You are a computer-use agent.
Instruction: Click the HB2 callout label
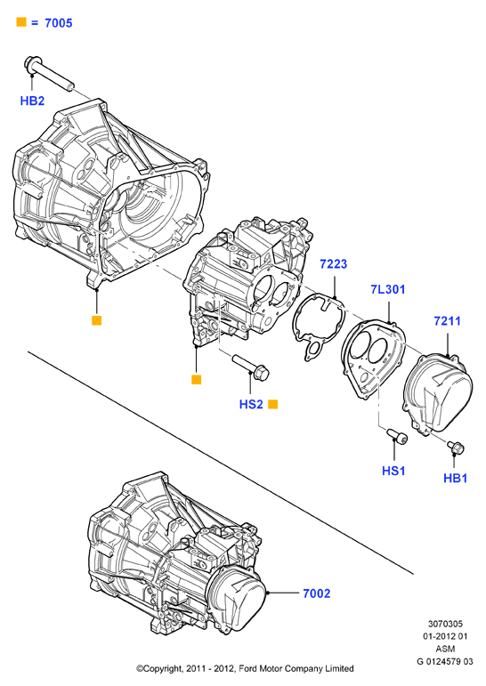click(32, 101)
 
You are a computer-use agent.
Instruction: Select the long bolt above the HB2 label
click(49, 75)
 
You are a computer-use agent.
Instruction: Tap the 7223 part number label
click(333, 264)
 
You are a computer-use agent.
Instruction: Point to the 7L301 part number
click(388, 289)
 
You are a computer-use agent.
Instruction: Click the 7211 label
click(447, 320)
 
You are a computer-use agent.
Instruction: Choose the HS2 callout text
click(251, 404)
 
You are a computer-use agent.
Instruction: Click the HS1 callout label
click(393, 471)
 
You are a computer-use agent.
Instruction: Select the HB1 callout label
click(456, 478)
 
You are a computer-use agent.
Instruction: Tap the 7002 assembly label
click(317, 593)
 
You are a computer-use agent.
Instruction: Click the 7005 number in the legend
click(59, 23)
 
